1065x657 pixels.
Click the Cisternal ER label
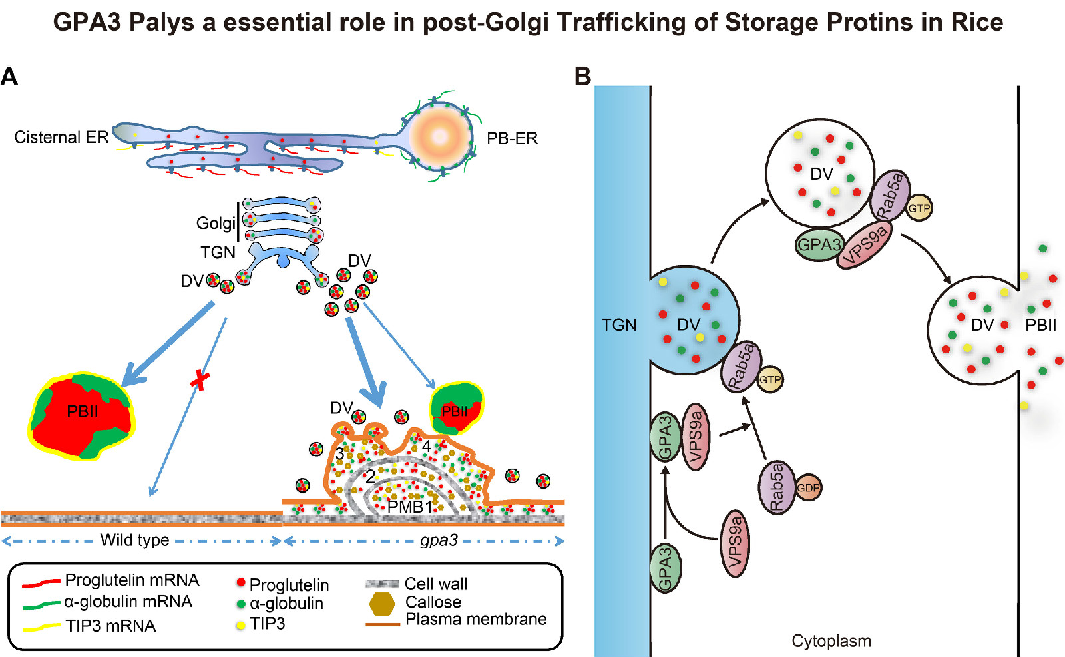(x=61, y=138)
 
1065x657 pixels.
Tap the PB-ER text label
(x=511, y=138)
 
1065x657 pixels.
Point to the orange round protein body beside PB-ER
(x=440, y=136)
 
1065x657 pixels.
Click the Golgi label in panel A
(x=215, y=223)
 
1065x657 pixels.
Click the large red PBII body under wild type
(x=82, y=415)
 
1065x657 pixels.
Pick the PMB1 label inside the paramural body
(x=409, y=507)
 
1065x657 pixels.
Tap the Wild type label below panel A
(x=134, y=540)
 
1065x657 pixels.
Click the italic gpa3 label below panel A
(x=439, y=540)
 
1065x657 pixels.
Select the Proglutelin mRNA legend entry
(x=131, y=580)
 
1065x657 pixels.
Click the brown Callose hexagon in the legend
(x=382, y=603)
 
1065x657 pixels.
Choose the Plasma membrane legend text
(x=475, y=620)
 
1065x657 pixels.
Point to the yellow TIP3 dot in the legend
(x=241, y=626)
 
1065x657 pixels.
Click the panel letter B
(x=582, y=77)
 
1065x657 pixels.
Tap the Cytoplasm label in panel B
(x=831, y=641)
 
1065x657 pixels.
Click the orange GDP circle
(x=808, y=488)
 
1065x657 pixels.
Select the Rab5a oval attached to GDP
(x=777, y=487)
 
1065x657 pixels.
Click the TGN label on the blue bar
(x=619, y=325)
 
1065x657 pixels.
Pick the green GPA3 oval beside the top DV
(x=819, y=245)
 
